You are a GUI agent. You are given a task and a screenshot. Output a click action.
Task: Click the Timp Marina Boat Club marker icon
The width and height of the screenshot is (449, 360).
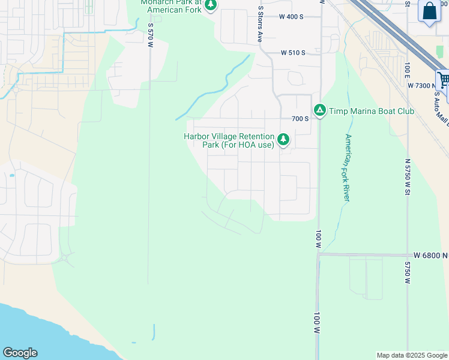pos(320,110)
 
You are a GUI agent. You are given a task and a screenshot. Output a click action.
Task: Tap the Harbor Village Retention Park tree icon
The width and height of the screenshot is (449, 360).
pos(283,140)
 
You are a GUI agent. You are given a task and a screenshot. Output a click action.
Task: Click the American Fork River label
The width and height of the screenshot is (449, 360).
pos(346,159)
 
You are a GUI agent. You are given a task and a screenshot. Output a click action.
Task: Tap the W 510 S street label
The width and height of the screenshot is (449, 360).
pos(293,53)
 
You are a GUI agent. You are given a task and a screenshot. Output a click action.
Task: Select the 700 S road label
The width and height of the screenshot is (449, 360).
pos(300,119)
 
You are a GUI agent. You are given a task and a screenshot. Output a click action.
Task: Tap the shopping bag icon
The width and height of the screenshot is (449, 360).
pos(430,11)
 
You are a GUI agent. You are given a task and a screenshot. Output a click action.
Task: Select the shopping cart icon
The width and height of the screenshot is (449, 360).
pos(444,80)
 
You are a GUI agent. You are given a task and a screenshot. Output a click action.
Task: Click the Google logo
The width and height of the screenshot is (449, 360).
pos(20,353)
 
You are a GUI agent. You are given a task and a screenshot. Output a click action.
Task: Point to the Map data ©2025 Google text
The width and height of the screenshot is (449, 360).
pos(412,355)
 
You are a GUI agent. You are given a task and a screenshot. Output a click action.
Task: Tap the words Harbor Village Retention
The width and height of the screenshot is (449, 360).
pos(229,137)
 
